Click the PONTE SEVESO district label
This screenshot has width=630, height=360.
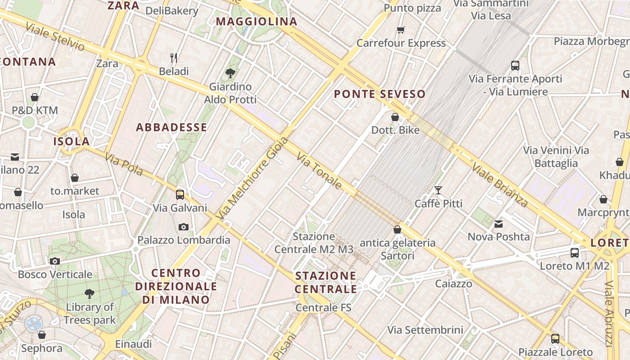pyautogui.click(x=380, y=94)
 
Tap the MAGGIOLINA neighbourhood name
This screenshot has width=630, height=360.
pyautogui.click(x=256, y=22)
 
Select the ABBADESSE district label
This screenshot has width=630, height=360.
pyautogui.click(x=171, y=127)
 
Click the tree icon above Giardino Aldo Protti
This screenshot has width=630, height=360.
pyautogui.click(x=230, y=73)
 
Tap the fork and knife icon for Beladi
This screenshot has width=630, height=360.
pyautogui.click(x=174, y=58)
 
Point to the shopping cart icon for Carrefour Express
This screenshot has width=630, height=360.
pyautogui.click(x=400, y=30)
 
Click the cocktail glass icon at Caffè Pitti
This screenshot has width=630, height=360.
pyautogui.click(x=438, y=190)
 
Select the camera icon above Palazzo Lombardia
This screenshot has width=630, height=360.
pyautogui.click(x=184, y=227)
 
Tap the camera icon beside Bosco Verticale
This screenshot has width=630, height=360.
pyautogui.click(x=55, y=261)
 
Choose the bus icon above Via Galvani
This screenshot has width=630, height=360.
pyautogui.click(x=180, y=194)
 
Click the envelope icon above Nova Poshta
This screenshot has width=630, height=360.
pyautogui.click(x=499, y=224)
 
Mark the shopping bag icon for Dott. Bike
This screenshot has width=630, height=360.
pyautogui.click(x=395, y=117)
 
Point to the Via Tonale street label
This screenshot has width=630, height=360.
pyautogui.click(x=319, y=171)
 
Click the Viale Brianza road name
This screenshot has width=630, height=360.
pyautogui.click(x=499, y=184)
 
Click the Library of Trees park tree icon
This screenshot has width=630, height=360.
pyautogui.click(x=90, y=294)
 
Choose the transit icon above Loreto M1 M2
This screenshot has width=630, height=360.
pyautogui.click(x=575, y=252)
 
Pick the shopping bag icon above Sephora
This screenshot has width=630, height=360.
pyautogui.click(x=42, y=335)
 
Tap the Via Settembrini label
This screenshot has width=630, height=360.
pyautogui.click(x=425, y=330)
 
